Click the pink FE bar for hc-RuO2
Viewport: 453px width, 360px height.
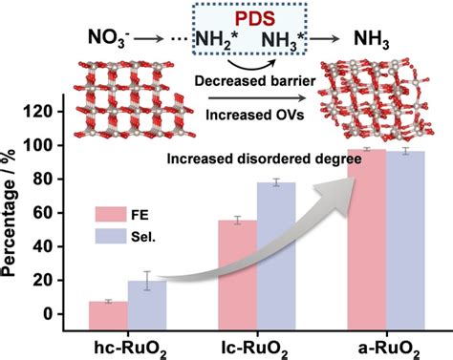tap(107, 307)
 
